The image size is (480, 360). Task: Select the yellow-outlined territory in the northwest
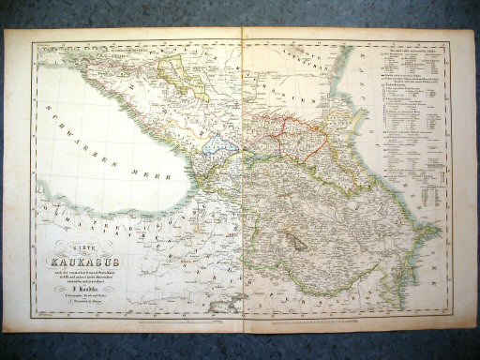tap(184, 76)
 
